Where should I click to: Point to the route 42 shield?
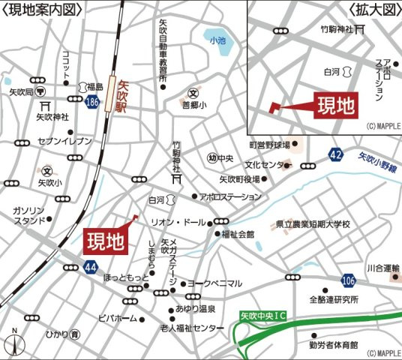coord(335,155)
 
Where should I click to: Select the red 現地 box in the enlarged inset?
coord(334,105)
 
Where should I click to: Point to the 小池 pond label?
coord(217,40)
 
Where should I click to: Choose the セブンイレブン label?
coord(64,141)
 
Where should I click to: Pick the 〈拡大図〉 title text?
coord(373,9)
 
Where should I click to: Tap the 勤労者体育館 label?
coord(333,346)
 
